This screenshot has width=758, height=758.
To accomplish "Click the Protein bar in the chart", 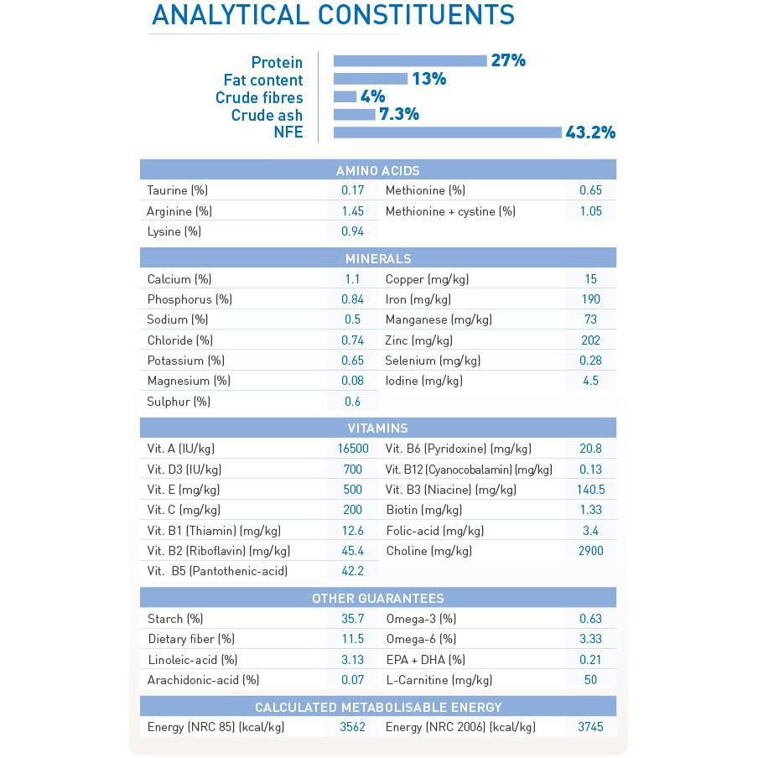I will pos(410,60).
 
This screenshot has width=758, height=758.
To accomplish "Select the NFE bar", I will pos(447,132).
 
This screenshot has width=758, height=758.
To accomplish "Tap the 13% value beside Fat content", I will pos(428,79).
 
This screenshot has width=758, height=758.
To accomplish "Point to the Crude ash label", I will pos(267,115).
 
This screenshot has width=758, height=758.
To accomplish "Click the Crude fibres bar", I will pos(345,96).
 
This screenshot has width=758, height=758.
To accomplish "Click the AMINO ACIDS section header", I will pos(377,170).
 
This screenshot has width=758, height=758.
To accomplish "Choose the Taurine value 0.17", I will pos(352,190).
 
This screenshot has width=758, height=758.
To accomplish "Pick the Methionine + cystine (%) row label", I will pos(450,211).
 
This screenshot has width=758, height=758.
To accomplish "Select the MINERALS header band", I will pos(377,258).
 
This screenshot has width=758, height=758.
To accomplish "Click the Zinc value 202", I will pos(590,340).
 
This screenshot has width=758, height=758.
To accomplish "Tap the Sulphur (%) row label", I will pos(178,402).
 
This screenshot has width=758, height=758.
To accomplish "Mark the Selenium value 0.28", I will pos(590,361).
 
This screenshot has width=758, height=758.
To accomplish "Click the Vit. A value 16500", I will pos(352,449).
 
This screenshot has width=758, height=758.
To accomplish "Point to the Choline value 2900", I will pos(590,551).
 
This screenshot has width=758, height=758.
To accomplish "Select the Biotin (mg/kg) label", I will pos(423,510).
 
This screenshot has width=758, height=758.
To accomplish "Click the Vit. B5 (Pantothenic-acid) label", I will pos(217,571).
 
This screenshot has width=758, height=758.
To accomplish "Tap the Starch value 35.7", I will pos(352,619).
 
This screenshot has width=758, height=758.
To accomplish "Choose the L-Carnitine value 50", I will pos(590,680).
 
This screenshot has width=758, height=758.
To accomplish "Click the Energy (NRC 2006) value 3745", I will pos(590,727).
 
